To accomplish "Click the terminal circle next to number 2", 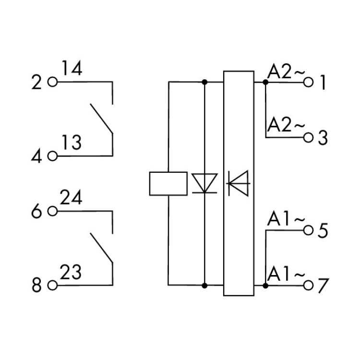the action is point(52,82).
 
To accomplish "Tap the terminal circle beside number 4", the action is point(52,156).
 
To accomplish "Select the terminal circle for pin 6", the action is point(52,211).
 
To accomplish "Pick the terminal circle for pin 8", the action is point(52,286).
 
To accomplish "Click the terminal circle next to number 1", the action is point(308,82).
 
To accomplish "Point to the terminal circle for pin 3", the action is point(308,138).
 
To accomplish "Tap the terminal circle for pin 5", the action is point(308,230).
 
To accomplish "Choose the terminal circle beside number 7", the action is point(308,286).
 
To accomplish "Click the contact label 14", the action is point(72,68).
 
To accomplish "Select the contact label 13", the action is point(72,143).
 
